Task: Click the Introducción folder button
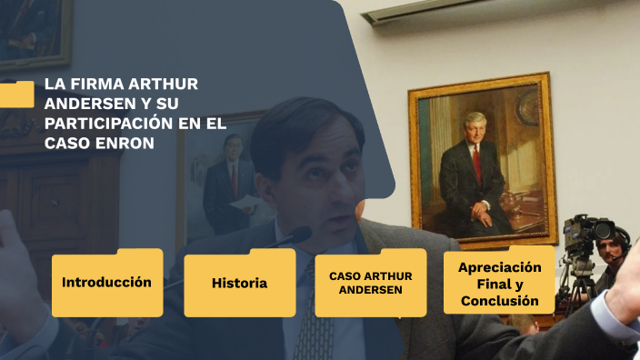click(106, 283)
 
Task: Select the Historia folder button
click(239, 284)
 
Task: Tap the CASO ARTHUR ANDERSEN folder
click(370, 283)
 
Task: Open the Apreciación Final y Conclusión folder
click(499, 283)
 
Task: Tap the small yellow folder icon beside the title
click(16, 95)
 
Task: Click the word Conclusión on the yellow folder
click(499, 300)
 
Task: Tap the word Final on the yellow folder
click(499, 284)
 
